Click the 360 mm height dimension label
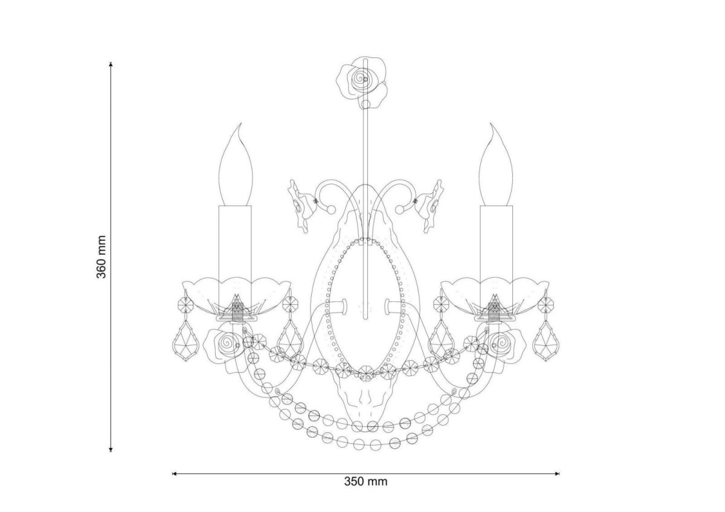tap(101, 257)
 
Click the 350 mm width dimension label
tap(366, 481)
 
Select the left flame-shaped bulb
tap(236, 164)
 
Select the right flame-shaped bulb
tap(496, 164)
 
